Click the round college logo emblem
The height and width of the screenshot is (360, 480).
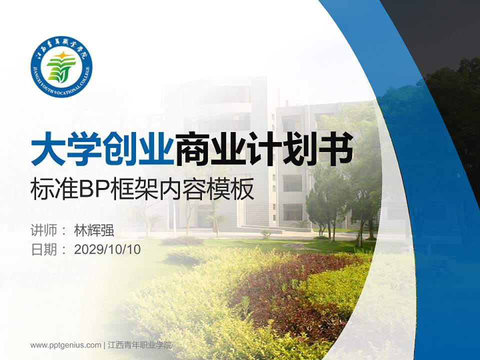coord(61,67)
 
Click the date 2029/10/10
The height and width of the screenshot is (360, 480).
coord(107,249)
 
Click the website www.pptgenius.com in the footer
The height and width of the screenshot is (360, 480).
coord(65,345)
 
